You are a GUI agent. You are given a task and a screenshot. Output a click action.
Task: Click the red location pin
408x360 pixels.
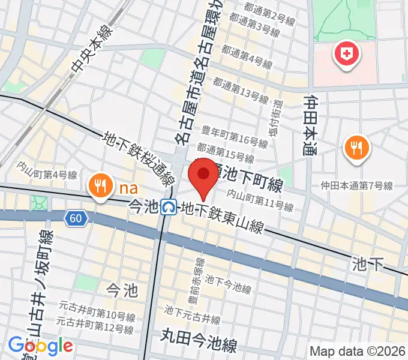[x=203, y=176]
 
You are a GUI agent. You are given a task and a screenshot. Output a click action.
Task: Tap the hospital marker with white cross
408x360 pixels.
[x=346, y=55]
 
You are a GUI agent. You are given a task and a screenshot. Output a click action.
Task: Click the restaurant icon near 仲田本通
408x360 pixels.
[x=357, y=148]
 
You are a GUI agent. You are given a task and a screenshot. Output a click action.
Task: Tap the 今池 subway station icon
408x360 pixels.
[x=169, y=208]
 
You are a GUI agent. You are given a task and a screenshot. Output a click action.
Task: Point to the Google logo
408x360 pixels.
[x=40, y=346]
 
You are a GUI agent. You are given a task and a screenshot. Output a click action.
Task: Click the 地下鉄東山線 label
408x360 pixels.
[x=223, y=218]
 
